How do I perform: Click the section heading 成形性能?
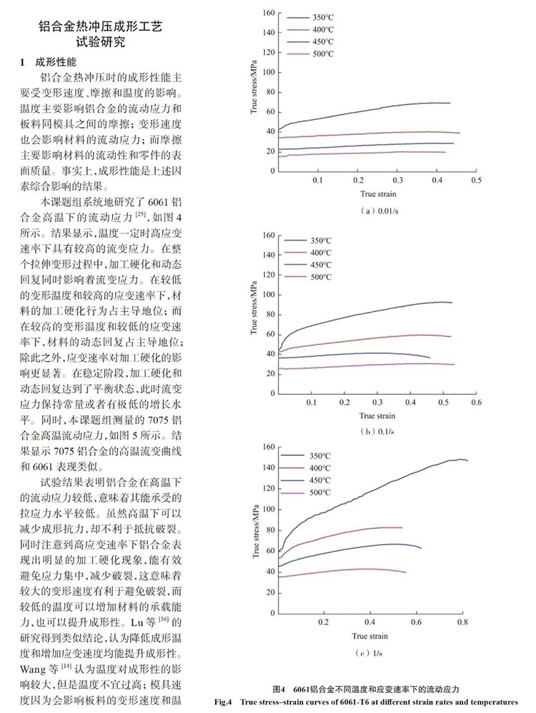[x=56, y=62]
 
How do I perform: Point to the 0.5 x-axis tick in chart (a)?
[x=477, y=180]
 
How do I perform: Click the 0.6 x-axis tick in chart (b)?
[x=477, y=403]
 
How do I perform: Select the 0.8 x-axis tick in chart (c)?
[x=462, y=622]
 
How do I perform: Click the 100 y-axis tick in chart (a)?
[x=269, y=72]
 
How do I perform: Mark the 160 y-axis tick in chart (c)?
[x=269, y=447]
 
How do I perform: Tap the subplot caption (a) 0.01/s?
[x=379, y=211]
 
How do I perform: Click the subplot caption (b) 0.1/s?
[x=377, y=431]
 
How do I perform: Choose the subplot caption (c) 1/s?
[x=369, y=653]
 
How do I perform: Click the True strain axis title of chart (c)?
[x=369, y=636]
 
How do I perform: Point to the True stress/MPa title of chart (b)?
[x=254, y=308]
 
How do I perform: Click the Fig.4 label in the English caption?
[x=223, y=702]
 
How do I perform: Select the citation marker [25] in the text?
[x=141, y=213]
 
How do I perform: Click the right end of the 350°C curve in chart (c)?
[x=467, y=460]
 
